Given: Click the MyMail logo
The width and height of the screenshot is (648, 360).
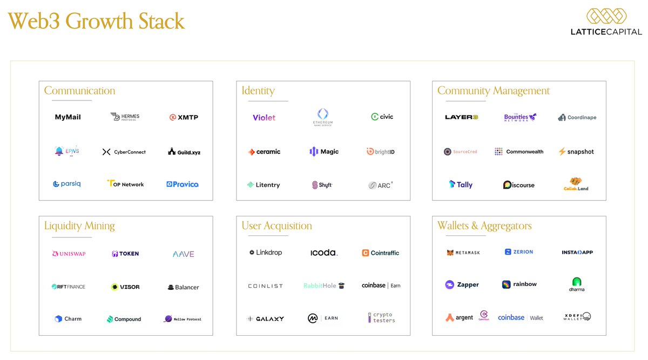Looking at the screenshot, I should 67,117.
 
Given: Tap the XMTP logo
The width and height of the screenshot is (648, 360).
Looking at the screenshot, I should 184,117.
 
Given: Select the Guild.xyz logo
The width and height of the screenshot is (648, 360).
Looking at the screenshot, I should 184,152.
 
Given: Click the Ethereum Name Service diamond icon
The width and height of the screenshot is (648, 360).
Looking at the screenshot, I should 323,113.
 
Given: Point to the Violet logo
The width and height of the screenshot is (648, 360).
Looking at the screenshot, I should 264,117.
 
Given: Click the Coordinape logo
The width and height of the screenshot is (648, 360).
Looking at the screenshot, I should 577,117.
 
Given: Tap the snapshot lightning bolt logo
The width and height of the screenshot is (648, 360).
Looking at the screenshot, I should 562,152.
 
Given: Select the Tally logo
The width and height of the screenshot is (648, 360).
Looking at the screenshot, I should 461,185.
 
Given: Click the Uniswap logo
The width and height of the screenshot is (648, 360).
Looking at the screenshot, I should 69,254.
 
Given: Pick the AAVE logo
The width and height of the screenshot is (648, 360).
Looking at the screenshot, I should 183,254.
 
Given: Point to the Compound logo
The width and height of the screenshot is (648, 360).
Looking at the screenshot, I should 124,319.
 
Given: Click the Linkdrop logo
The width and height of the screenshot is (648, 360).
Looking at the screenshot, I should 266,253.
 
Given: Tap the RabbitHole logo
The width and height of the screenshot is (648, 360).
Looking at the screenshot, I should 323,286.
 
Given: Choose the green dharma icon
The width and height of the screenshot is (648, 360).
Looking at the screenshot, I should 577,282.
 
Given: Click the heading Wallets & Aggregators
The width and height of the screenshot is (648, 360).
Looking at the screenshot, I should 484,226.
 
